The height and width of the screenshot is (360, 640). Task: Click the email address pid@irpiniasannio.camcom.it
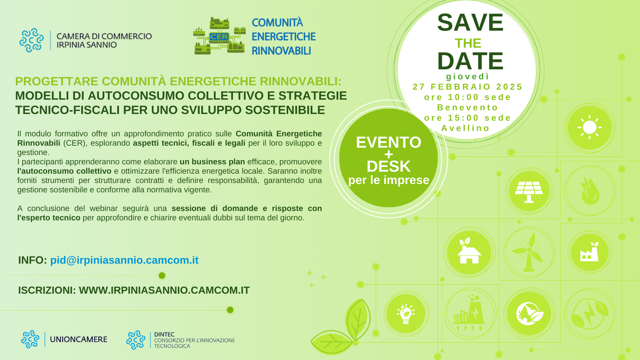click(124, 260)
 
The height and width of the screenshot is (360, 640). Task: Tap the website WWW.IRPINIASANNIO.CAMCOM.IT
click(164, 290)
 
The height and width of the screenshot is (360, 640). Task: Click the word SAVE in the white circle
click(470, 23)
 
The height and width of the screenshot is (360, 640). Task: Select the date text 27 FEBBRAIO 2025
click(468, 87)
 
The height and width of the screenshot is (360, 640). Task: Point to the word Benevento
click(468, 108)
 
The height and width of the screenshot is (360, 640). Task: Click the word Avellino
click(466, 128)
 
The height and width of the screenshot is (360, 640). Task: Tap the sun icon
click(590, 128)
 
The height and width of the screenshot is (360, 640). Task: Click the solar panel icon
click(529, 192)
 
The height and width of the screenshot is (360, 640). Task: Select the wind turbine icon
click(529, 252)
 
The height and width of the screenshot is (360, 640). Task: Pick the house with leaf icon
click(469, 251)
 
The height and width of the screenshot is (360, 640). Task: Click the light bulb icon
click(406, 314)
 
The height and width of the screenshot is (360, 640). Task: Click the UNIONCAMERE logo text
click(79, 339)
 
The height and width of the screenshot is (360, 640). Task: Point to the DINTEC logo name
click(164, 334)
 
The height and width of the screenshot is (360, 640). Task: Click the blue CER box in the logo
click(219, 37)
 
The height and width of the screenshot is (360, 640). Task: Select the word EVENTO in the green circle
click(389, 142)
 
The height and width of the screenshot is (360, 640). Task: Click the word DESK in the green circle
click(389, 166)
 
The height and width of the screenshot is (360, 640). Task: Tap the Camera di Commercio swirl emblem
click(31, 40)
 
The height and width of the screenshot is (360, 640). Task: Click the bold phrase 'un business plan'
click(212, 162)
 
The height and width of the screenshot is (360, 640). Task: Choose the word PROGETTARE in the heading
click(57, 81)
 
